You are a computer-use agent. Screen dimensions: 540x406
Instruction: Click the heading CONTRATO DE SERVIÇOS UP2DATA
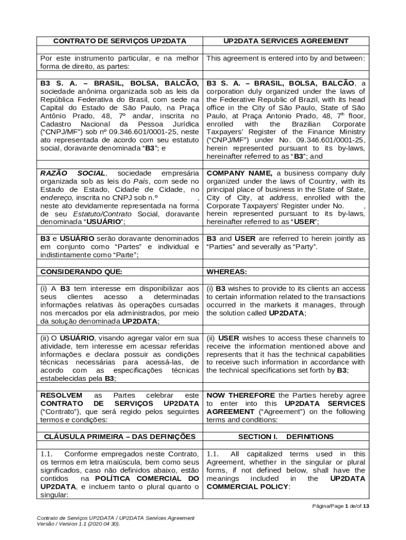121,41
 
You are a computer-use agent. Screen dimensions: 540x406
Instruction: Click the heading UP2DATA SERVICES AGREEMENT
285,41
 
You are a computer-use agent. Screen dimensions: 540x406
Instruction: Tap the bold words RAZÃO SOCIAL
73,173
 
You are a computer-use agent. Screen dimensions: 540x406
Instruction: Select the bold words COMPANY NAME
239,173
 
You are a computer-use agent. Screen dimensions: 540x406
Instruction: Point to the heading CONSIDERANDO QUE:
81,272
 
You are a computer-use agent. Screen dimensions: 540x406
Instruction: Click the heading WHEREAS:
227,272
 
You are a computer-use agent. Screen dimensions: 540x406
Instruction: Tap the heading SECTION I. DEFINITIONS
285,437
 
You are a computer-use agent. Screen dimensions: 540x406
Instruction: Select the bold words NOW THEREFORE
240,395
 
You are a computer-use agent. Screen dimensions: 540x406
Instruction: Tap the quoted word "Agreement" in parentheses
277,412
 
